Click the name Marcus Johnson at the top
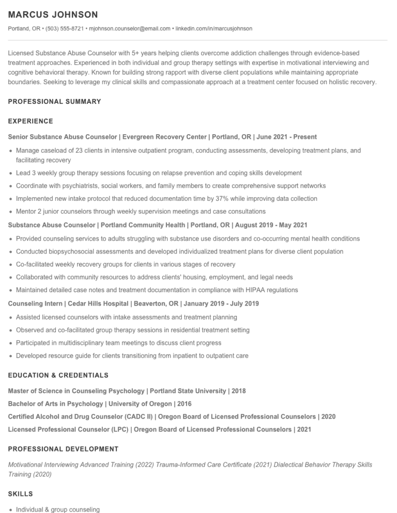pos(53,14)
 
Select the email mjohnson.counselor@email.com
pos(129,28)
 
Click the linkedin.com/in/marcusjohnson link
pos(214,28)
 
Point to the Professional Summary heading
pos(54,102)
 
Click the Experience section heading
pos(30,121)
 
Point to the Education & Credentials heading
pos(58,375)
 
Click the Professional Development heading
pos(63,449)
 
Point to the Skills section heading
pos(21,494)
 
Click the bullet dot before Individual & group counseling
pos(11,510)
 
